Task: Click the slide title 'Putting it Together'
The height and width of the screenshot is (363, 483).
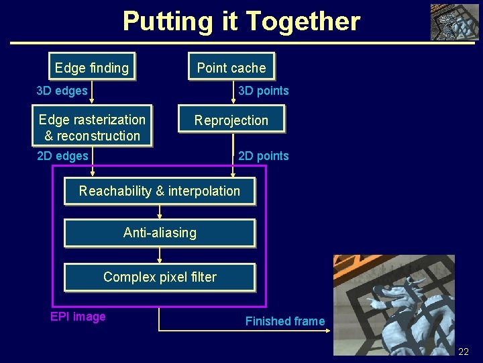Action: coord(241,22)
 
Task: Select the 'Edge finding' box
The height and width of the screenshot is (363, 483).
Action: coord(92,67)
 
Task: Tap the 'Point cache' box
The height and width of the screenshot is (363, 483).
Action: coord(231,67)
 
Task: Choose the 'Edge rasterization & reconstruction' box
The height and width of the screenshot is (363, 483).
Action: coord(92,127)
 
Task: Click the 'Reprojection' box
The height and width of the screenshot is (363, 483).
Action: coord(231,120)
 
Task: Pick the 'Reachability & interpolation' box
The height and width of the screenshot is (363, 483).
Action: coord(160,191)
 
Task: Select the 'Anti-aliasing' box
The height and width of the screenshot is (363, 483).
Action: coord(160,233)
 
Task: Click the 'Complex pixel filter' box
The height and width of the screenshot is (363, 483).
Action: coord(160,277)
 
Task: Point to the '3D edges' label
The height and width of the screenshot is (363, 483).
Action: coord(62,91)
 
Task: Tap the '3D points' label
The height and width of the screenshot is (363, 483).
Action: coord(264,91)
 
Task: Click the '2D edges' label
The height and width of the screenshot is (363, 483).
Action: coord(62,156)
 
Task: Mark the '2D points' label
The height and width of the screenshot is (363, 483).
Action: coord(264,156)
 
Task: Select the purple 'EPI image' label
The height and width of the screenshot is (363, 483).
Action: coord(78,317)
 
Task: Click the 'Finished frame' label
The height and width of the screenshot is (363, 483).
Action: coord(284,321)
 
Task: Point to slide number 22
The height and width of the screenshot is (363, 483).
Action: coord(464,352)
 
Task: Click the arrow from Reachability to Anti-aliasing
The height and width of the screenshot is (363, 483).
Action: coord(160,212)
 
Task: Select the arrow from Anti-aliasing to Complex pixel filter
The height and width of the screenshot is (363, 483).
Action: coord(160,255)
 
